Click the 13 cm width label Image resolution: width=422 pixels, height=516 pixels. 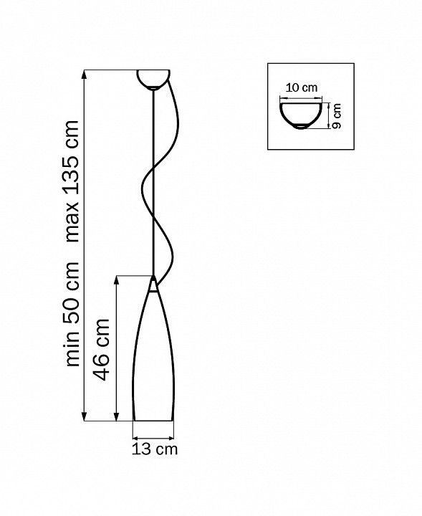tap(154, 449)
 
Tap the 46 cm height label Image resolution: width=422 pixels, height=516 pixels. tap(101, 350)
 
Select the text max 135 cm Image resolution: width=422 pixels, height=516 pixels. tap(72, 181)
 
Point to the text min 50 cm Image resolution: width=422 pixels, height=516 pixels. tap(72, 314)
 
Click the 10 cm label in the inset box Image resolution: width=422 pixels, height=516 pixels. tap(302, 88)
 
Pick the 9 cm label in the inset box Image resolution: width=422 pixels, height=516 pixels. tap(337, 115)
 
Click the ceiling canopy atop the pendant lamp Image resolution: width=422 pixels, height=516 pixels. tap(153, 80)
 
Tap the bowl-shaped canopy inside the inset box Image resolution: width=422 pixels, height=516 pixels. tap(301, 116)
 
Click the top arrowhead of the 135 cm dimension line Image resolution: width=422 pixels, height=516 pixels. tap(85, 75)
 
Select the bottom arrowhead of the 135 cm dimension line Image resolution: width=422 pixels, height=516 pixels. tap(85, 416)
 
